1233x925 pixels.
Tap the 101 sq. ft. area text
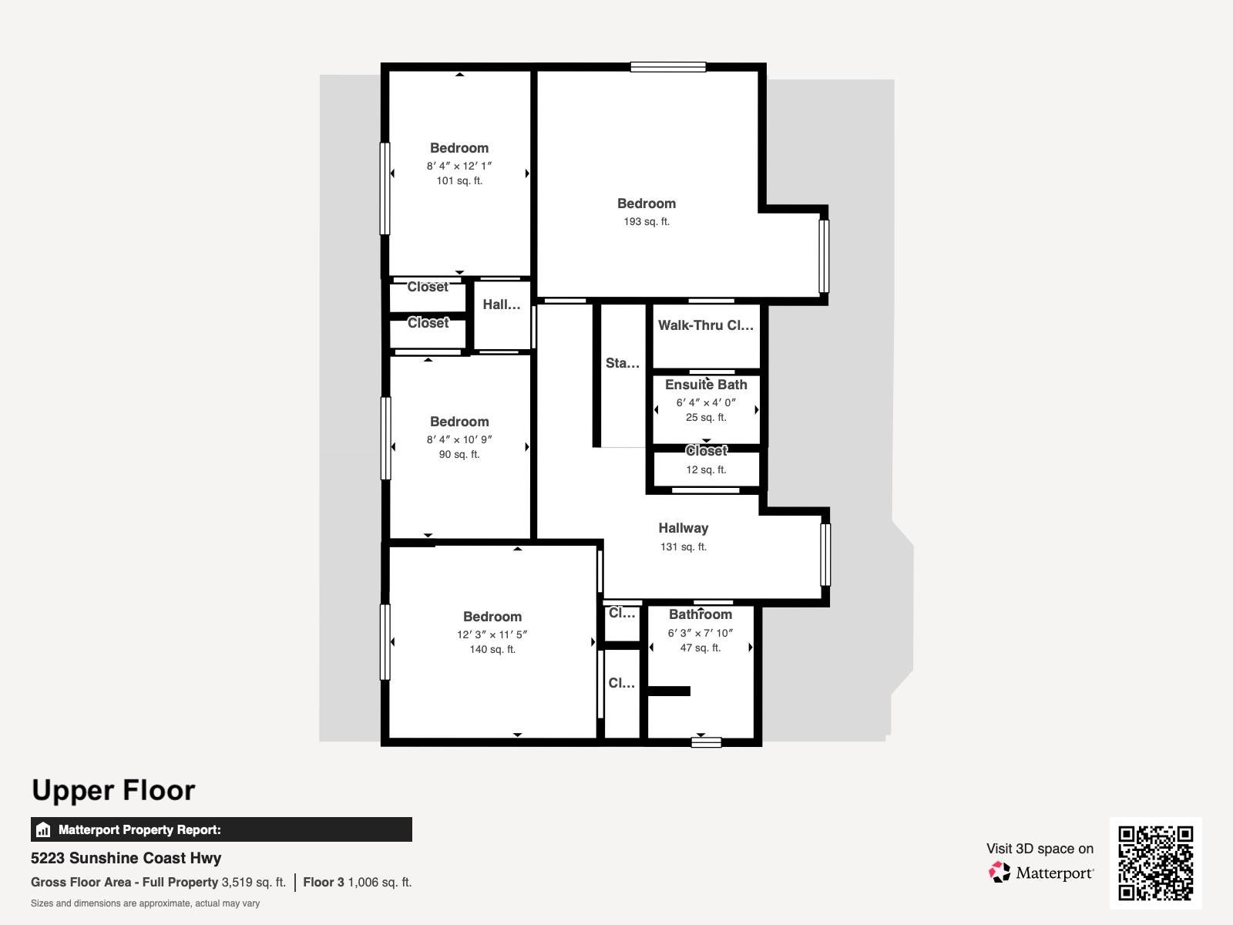[459, 181]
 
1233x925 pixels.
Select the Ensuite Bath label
[706, 385]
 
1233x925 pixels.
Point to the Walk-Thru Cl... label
[706, 325]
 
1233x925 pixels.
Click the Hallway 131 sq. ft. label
[684, 536]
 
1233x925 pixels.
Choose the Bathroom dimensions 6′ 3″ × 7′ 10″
[700, 633]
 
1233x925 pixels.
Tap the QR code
[1155, 863]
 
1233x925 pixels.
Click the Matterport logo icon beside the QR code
[1000, 873]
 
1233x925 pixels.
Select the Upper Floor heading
[113, 790]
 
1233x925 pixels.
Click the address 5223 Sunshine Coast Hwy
[126, 858]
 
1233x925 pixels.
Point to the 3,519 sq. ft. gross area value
[254, 883]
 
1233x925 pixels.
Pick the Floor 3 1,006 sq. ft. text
[358, 883]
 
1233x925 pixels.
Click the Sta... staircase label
[623, 363]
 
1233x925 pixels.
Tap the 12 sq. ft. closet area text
[706, 469]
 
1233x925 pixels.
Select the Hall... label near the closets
[502, 304]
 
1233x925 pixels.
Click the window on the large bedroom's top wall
[668, 67]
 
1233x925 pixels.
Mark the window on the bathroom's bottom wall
[706, 742]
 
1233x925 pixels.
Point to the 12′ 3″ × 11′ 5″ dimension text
[492, 634]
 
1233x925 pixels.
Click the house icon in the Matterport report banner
[43, 829]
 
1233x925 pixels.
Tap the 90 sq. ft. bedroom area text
[459, 454]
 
